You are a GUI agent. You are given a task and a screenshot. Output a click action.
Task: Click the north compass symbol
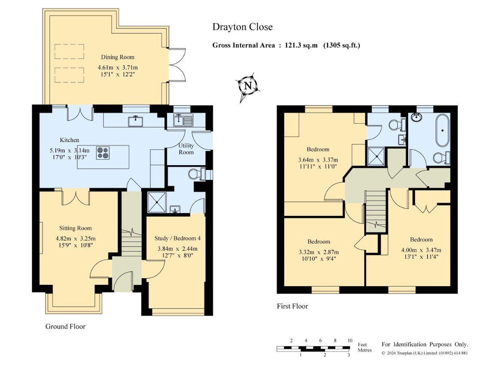pyautogui.click(x=247, y=86)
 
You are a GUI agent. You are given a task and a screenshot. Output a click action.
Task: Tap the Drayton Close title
pyautogui.click(x=242, y=27)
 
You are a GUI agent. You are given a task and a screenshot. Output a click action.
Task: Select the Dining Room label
pyautogui.click(x=118, y=57)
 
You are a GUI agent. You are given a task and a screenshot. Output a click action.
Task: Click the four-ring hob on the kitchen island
pyautogui.click(x=103, y=153)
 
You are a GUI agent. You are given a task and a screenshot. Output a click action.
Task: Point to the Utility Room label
pyautogui.click(x=186, y=149)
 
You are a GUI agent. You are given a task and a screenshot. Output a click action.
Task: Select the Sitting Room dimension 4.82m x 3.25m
pyautogui.click(x=76, y=239)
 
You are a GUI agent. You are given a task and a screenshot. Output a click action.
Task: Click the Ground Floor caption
pyautogui.click(x=65, y=327)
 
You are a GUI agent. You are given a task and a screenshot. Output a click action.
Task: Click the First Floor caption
pyautogui.click(x=292, y=306)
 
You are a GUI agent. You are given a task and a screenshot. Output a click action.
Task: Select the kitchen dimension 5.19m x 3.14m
pyautogui.click(x=70, y=151)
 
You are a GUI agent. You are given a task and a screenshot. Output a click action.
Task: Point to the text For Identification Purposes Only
pyautogui.click(x=425, y=345)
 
